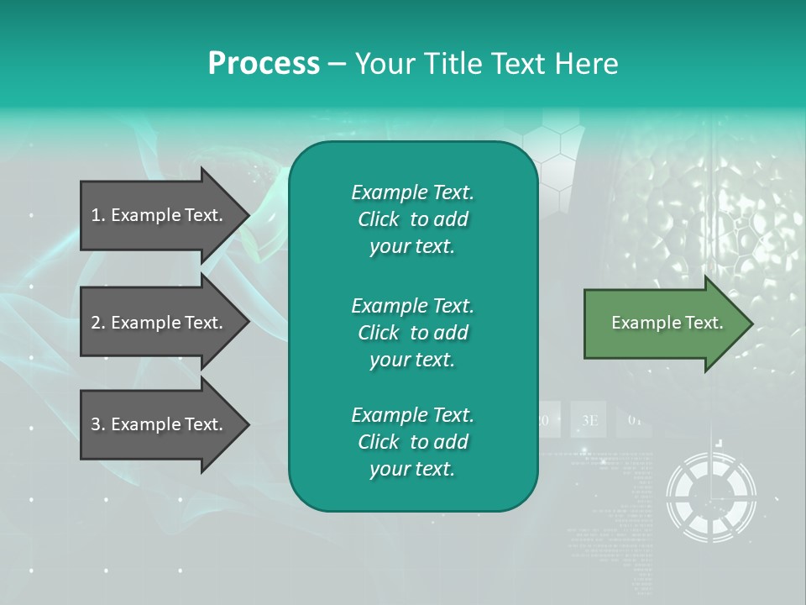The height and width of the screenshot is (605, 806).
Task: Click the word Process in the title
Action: (264, 64)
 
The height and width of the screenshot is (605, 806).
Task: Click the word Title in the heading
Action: (454, 64)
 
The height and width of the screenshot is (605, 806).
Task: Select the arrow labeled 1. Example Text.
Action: (157, 215)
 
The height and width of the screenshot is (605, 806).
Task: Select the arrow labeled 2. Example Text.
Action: (157, 323)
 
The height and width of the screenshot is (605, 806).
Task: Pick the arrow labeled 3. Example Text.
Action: (157, 424)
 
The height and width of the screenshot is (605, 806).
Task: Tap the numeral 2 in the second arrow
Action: (96, 323)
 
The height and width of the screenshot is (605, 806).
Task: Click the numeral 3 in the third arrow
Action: (96, 424)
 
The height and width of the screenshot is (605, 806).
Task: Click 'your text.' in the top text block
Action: (412, 247)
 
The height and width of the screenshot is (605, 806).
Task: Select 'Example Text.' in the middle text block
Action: (412, 305)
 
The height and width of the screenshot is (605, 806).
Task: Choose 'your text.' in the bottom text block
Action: (412, 470)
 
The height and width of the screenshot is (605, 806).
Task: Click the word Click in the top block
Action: (379, 220)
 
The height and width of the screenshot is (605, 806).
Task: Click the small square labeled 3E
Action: (589, 420)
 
